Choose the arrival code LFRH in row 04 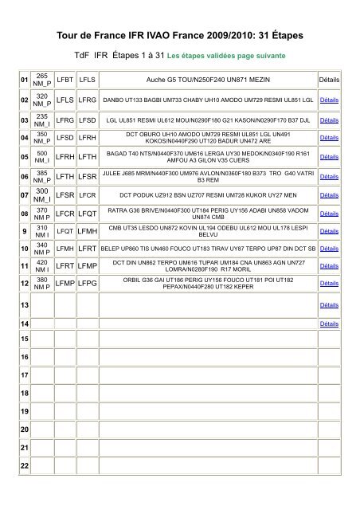pos(88,138)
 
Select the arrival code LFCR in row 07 pos(88,194)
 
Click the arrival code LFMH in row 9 pos(88,230)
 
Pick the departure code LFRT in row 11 pos(66,267)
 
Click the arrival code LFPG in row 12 pos(88,285)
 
